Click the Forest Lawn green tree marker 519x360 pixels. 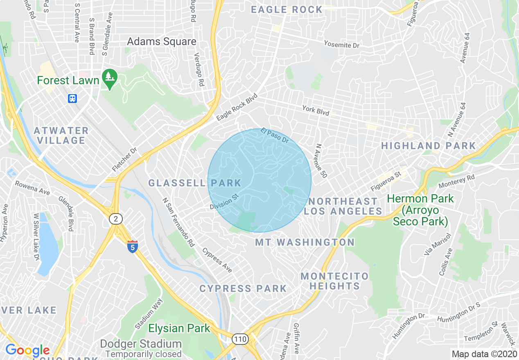pyautogui.click(x=109, y=77)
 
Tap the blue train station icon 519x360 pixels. pyautogui.click(x=73, y=98)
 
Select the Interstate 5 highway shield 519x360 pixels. pyautogui.click(x=132, y=247)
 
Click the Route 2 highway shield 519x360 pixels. pyautogui.click(x=116, y=219)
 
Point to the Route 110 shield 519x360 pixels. pyautogui.click(x=240, y=339)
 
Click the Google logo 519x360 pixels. pyautogui.click(x=27, y=351)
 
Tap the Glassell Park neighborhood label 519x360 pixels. pyautogui.click(x=194, y=183)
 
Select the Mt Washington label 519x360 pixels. pyautogui.click(x=305, y=242)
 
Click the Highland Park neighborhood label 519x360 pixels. pyautogui.click(x=429, y=146)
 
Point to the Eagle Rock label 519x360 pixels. pyautogui.click(x=287, y=10)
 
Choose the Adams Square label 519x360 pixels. pyautogui.click(x=162, y=41)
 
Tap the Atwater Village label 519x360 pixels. pyautogui.click(x=61, y=135)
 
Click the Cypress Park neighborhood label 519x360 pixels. pyautogui.click(x=243, y=288)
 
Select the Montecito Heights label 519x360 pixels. pyautogui.click(x=334, y=281)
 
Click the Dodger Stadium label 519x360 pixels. pyautogui.click(x=141, y=344)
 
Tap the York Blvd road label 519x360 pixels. pyautogui.click(x=316, y=110)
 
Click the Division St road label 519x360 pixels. pyautogui.click(x=224, y=202)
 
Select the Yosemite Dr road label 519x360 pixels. pyautogui.click(x=341, y=44)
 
